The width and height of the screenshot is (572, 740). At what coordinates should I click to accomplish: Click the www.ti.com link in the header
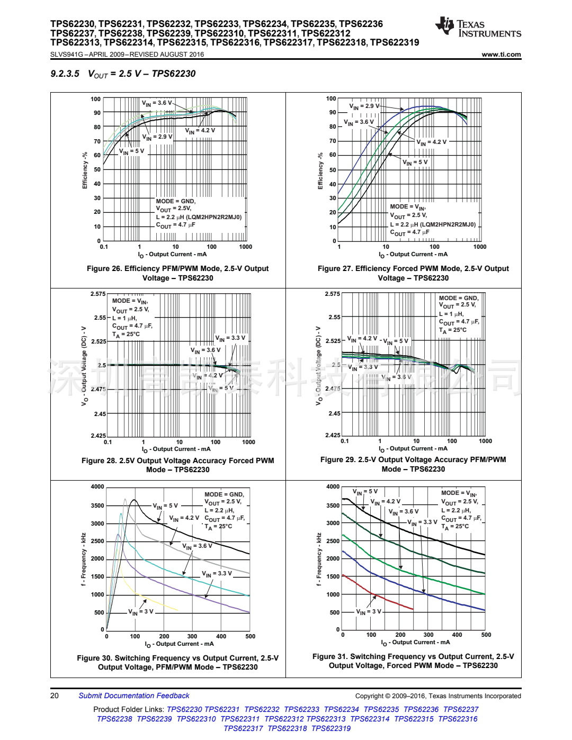pyautogui.click(x=501, y=55)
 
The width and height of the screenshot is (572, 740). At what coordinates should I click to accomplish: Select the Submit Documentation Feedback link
pyautogui.click(x=133, y=696)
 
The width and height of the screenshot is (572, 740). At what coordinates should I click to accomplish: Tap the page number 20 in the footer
pyautogui.click(x=55, y=696)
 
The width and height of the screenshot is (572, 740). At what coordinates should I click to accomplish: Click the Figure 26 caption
pyautogui.click(x=178, y=273)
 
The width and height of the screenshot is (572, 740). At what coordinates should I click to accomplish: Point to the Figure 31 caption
pyautogui.click(x=413, y=661)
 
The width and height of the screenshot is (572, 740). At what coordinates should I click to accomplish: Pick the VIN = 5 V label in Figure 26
pyautogui.click(x=131, y=151)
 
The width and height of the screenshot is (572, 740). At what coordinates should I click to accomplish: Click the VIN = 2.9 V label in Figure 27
pyautogui.click(x=364, y=106)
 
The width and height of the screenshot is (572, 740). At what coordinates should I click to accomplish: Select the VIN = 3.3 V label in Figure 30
pyautogui.click(x=217, y=574)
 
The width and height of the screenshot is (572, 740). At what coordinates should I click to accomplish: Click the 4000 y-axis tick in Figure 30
pyautogui.click(x=97, y=486)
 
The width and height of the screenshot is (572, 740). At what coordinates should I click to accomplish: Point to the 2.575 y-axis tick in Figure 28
pyautogui.click(x=98, y=294)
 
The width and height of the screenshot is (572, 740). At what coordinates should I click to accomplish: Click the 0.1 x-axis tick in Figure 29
pyautogui.click(x=345, y=441)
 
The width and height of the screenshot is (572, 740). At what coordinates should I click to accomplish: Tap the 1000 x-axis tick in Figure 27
pyautogui.click(x=480, y=247)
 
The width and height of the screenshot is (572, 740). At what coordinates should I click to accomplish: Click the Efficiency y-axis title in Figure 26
pyautogui.click(x=85, y=170)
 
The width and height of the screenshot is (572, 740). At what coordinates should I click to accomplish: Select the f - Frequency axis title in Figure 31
pyautogui.click(x=319, y=559)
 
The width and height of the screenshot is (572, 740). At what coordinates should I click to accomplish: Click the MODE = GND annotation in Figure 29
pyautogui.click(x=459, y=298)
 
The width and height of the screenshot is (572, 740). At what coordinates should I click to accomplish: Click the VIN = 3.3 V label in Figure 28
pyautogui.click(x=230, y=338)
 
